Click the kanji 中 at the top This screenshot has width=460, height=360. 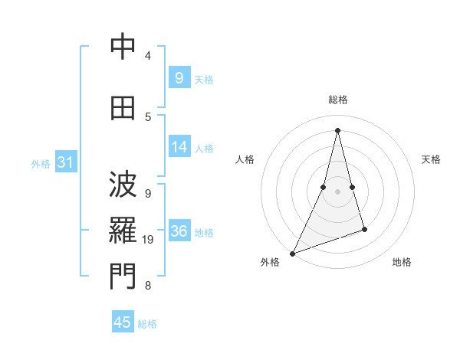pyautogui.click(x=123, y=47)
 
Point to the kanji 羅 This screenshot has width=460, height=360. pyautogui.click(x=123, y=231)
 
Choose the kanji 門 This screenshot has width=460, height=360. pyautogui.click(x=123, y=277)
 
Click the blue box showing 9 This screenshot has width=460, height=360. pyautogui.click(x=179, y=77)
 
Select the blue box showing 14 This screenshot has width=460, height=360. pyautogui.click(x=179, y=147)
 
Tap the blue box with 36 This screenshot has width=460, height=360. pyautogui.click(x=179, y=231)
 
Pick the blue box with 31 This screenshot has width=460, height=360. pyautogui.click(x=64, y=162)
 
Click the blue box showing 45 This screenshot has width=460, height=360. pyautogui.click(x=123, y=322)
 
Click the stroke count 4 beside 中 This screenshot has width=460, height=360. pyautogui.click(x=147, y=55)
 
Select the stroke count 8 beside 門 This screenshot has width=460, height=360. pyautogui.click(x=147, y=286)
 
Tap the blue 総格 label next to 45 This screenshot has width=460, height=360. pyautogui.click(x=147, y=324)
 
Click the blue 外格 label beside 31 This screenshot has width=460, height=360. pyautogui.click(x=41, y=164)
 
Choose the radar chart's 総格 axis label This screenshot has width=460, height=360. pyautogui.click(x=337, y=100)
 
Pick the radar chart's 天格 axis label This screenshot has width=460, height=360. pyautogui.click(x=431, y=159)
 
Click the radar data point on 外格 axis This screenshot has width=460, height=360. pyautogui.click(x=292, y=253)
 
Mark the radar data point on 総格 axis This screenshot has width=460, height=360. pyautogui.click(x=337, y=130)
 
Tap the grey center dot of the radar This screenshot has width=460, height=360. pyautogui.click(x=337, y=191)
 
